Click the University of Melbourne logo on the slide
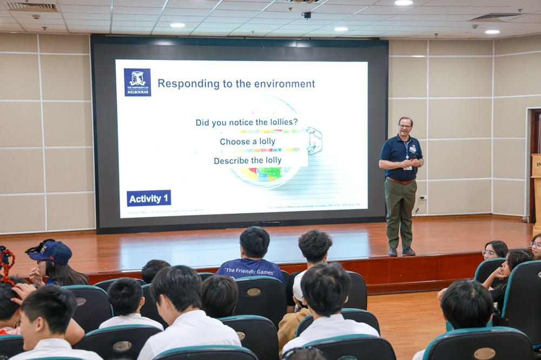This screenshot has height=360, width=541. click(137, 82)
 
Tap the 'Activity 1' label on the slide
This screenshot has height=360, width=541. click(149, 198)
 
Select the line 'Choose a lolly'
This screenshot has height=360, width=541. click(247, 142)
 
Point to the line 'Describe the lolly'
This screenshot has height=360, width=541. click(247, 161)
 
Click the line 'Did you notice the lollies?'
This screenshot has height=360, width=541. click(247, 123)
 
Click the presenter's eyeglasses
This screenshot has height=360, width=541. click(405, 126)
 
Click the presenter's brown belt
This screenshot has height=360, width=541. click(400, 182)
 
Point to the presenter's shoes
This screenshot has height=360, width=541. click(401, 251)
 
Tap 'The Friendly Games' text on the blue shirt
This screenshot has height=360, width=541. click(249, 271)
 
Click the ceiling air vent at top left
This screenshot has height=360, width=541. click(32, 7)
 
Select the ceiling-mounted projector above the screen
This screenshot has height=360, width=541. click(306, 15)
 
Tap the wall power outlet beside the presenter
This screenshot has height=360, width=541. click(423, 198)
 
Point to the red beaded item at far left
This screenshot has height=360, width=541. click(6, 265)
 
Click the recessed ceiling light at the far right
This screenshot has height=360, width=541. click(492, 32)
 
